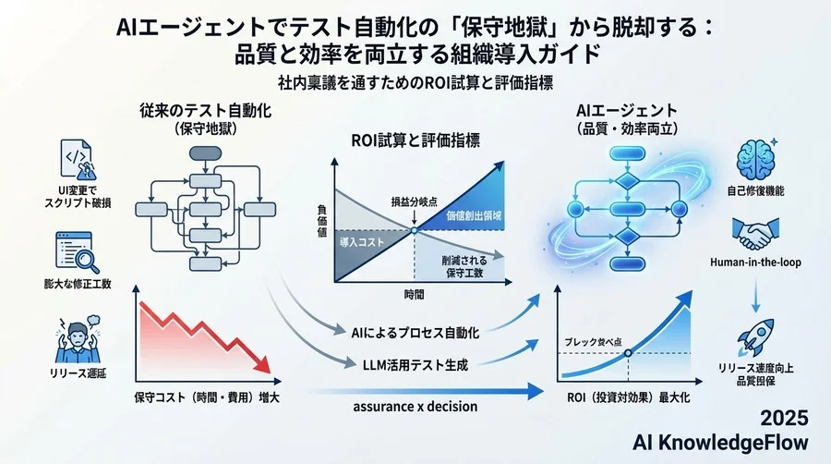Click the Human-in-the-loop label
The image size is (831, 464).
tap(756, 263)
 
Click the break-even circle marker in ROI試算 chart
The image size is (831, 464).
tap(415, 228)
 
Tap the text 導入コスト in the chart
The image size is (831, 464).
tap(355, 241)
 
